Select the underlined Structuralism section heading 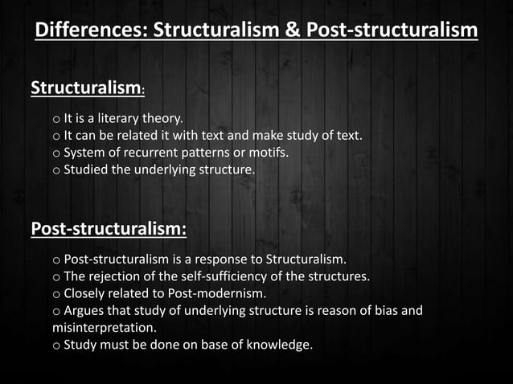tap(87, 87)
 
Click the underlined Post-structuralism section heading tap(109, 229)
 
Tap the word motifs tap(269, 153)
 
